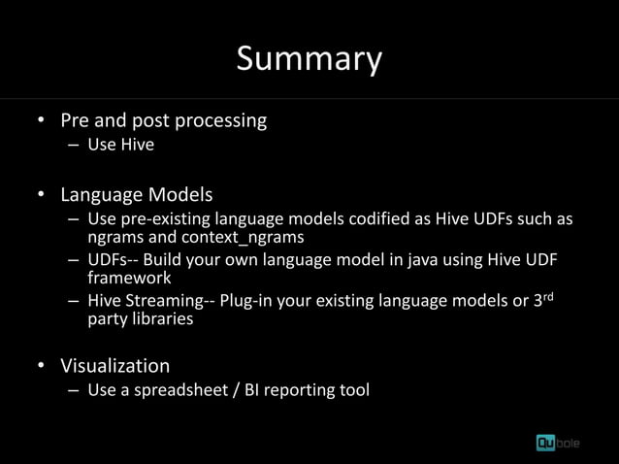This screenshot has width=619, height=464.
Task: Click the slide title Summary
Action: click(x=309, y=59)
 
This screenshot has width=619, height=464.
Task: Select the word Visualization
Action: click(x=115, y=366)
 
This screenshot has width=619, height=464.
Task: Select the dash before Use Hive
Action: click(x=75, y=146)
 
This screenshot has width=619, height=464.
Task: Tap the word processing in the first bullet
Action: click(x=220, y=120)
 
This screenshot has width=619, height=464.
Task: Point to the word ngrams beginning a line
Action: click(x=114, y=236)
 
